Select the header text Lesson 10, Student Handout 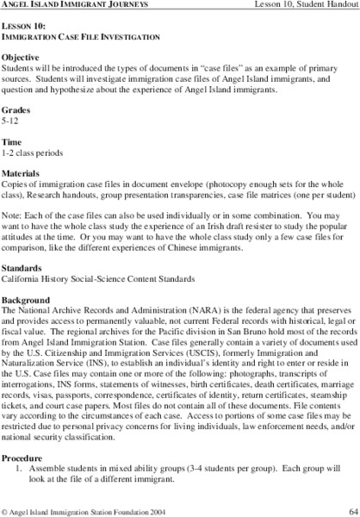[301, 8]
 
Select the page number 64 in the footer [348, 508]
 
